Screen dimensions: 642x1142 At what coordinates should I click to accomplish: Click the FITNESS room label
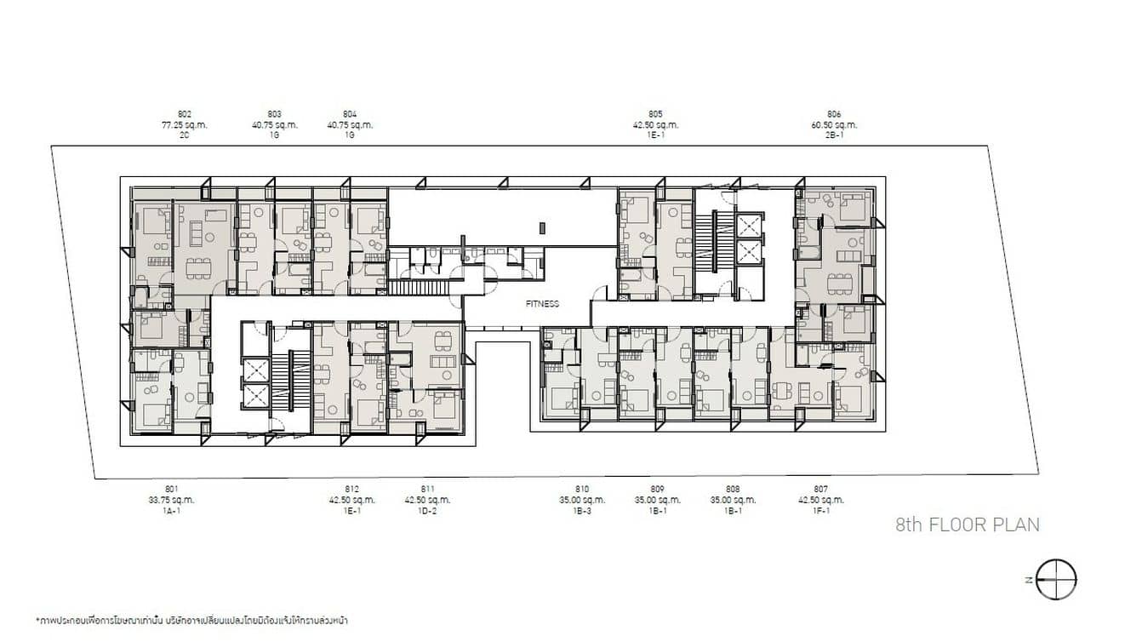pyautogui.click(x=542, y=303)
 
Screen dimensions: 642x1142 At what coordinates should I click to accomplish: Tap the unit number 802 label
pyautogui.click(x=185, y=114)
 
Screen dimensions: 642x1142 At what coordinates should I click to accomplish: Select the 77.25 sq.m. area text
pyautogui.click(x=185, y=124)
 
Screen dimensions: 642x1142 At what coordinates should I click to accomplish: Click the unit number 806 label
pyautogui.click(x=834, y=114)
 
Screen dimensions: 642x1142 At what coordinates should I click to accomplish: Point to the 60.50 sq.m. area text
pyautogui.click(x=834, y=124)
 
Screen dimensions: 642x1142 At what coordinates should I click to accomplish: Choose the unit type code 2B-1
pyautogui.click(x=834, y=135)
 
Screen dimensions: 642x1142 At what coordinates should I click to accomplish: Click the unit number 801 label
pyautogui.click(x=172, y=489)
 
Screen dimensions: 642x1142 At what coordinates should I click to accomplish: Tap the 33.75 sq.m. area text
pyautogui.click(x=172, y=500)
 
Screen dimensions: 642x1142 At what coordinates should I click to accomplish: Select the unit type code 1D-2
pyautogui.click(x=427, y=510)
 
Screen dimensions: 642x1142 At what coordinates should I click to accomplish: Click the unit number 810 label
pyautogui.click(x=582, y=489)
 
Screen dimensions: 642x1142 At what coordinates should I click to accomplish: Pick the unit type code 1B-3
pyautogui.click(x=582, y=510)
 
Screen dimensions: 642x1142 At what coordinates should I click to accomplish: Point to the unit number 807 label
pyautogui.click(x=821, y=489)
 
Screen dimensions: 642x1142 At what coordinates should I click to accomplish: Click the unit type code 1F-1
pyautogui.click(x=821, y=510)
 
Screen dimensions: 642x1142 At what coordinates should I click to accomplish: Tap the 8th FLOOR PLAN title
pyautogui.click(x=968, y=524)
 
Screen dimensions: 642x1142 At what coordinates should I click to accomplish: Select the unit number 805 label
pyautogui.click(x=655, y=114)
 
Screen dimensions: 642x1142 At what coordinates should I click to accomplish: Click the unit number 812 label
pyautogui.click(x=352, y=489)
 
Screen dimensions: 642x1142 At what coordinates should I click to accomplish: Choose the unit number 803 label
pyautogui.click(x=275, y=114)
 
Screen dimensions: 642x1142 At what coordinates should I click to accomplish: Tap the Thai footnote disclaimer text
pyautogui.click(x=191, y=621)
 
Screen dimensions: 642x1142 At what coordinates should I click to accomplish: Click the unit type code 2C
pyautogui.click(x=185, y=135)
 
